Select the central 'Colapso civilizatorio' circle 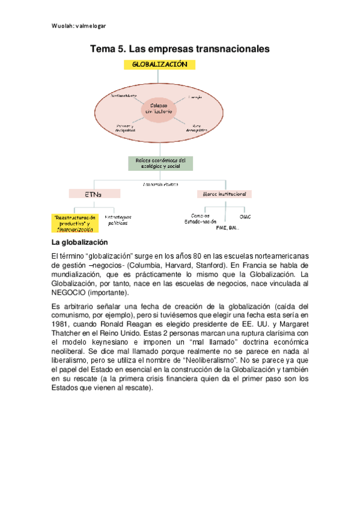159,108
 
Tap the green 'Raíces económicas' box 159,163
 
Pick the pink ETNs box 94,194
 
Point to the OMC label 245,216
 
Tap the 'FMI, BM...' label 228,228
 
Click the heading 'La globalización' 80,242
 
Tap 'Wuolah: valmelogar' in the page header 78,26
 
